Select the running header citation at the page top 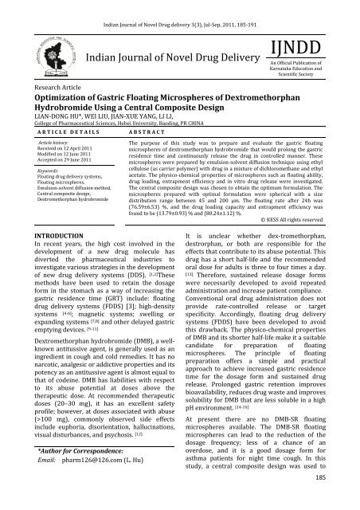click(x=179, y=7)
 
